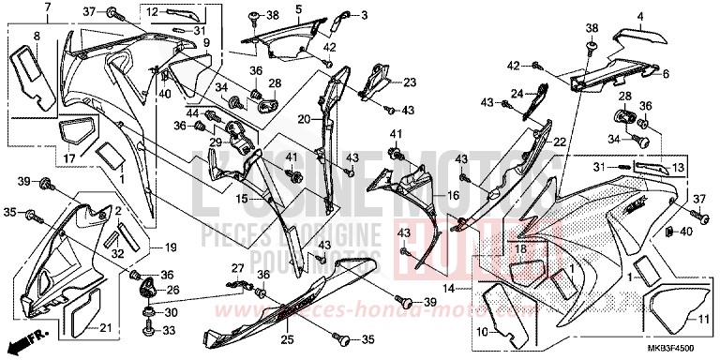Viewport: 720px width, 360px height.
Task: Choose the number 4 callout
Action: pyautogui.click(x=641, y=16)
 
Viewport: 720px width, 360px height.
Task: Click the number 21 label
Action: pyautogui.click(x=106, y=326)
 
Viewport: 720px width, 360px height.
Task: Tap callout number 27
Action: pyautogui.click(x=238, y=268)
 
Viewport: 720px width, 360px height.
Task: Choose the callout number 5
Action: pyautogui.click(x=297, y=9)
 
